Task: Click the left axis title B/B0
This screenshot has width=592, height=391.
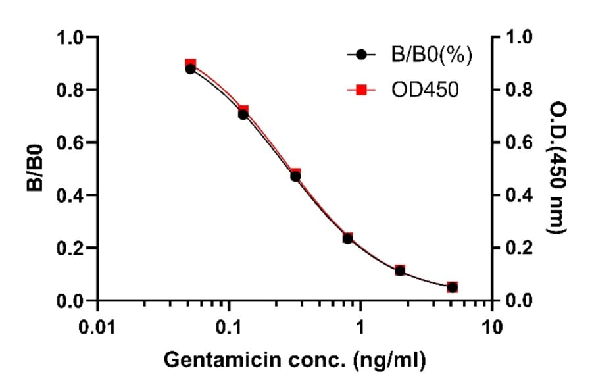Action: (36, 169)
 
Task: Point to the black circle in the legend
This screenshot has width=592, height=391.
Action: (361, 56)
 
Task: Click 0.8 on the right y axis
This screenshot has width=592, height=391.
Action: (518, 90)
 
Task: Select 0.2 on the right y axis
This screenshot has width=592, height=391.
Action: (518, 248)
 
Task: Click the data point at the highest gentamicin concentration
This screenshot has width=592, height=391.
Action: (452, 287)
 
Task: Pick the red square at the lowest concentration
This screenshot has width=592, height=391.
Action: (191, 64)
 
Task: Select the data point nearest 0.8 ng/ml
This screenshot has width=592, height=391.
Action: (347, 238)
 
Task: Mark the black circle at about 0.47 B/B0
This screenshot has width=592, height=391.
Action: (295, 176)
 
